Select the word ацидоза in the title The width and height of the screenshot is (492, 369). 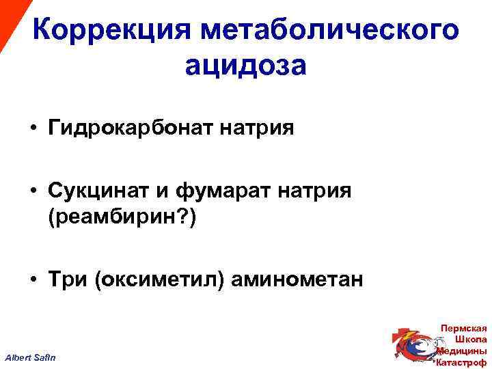click(x=245, y=67)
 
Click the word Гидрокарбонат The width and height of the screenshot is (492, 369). click(x=130, y=128)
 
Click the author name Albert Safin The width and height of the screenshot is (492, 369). click(x=32, y=358)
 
